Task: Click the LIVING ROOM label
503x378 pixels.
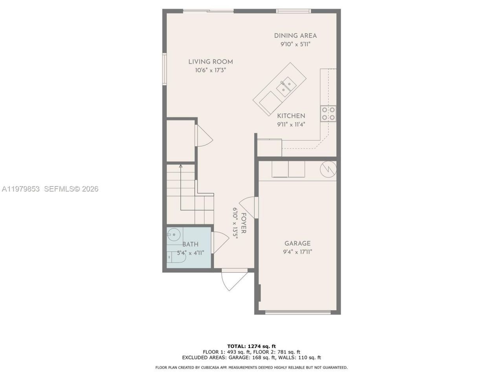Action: (x=210, y=61)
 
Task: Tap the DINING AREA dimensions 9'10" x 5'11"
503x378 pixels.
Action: (x=295, y=44)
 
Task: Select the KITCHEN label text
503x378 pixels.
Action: (x=291, y=116)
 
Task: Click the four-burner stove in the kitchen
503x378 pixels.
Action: (x=328, y=113)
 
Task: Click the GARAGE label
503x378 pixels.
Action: (x=297, y=243)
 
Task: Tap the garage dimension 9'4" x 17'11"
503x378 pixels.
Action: (x=297, y=252)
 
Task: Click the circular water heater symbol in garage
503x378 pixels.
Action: (x=329, y=170)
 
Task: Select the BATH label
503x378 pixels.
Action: (x=190, y=245)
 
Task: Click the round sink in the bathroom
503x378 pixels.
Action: (x=173, y=235)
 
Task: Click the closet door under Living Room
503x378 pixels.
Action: (x=204, y=136)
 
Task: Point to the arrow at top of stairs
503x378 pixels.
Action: (x=180, y=167)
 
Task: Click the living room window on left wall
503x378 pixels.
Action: (x=165, y=69)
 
